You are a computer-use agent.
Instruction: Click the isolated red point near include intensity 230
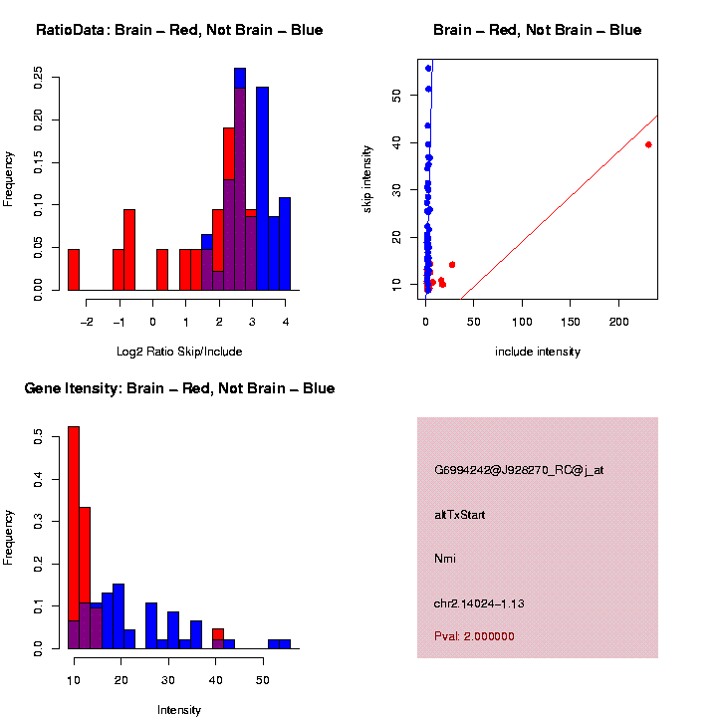tap(648, 144)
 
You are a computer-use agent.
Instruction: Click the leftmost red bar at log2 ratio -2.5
tap(74, 269)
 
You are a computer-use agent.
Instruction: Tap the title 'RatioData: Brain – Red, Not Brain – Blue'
tap(179, 31)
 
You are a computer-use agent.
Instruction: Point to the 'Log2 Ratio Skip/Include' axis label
tap(179, 351)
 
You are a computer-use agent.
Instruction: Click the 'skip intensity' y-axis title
tap(367, 178)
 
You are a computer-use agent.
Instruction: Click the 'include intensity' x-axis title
tap(538, 351)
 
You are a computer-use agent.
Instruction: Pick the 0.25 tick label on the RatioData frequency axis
tap(37, 77)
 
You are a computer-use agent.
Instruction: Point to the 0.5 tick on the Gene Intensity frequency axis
tap(37, 435)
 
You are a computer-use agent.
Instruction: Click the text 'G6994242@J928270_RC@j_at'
tap(519, 470)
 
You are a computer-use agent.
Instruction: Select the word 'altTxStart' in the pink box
tap(460, 515)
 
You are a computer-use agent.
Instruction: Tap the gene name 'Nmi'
tap(445, 559)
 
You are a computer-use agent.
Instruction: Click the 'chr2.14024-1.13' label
tap(479, 603)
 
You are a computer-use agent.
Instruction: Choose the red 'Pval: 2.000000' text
tap(474, 636)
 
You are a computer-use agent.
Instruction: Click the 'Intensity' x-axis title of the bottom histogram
tap(179, 710)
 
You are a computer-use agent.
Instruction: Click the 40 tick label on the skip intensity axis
tap(396, 142)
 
